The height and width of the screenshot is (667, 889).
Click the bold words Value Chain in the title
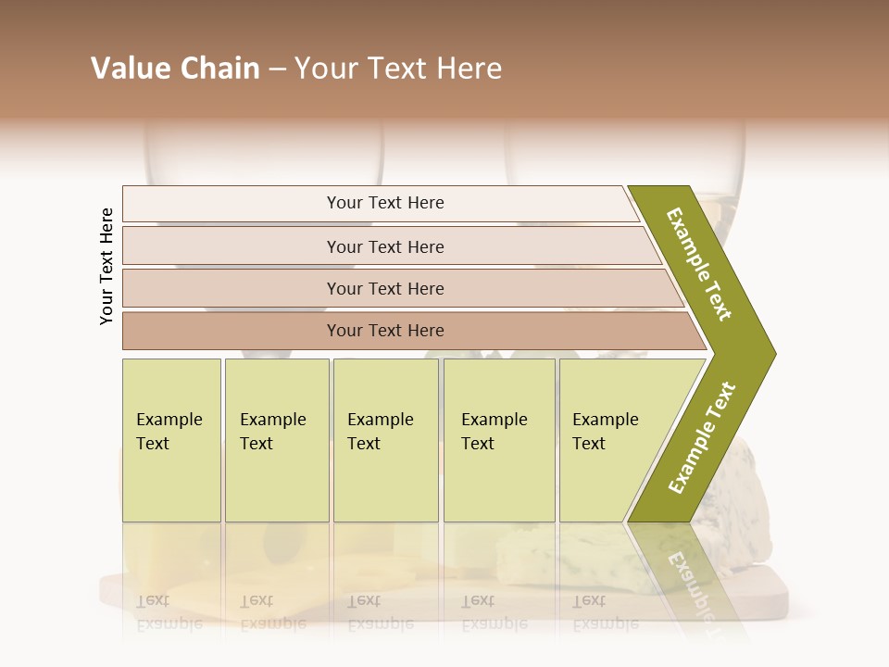[175, 69]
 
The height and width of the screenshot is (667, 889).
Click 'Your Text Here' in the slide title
[398, 69]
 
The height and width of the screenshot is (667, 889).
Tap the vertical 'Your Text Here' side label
[107, 266]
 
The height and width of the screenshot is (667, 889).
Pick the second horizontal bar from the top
[385, 246]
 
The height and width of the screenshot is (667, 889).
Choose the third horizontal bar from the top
[385, 288]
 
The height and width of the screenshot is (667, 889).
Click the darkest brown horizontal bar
[385, 331]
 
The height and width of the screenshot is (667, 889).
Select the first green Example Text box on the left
[171, 440]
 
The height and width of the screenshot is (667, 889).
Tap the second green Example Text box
[277, 440]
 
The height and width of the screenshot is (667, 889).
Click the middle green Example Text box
[385, 440]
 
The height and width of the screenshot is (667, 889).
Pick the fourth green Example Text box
[499, 440]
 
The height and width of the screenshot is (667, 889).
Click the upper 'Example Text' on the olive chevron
[699, 264]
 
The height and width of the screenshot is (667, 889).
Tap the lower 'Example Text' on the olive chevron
[702, 437]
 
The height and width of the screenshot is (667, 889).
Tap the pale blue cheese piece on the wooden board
[556, 560]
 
